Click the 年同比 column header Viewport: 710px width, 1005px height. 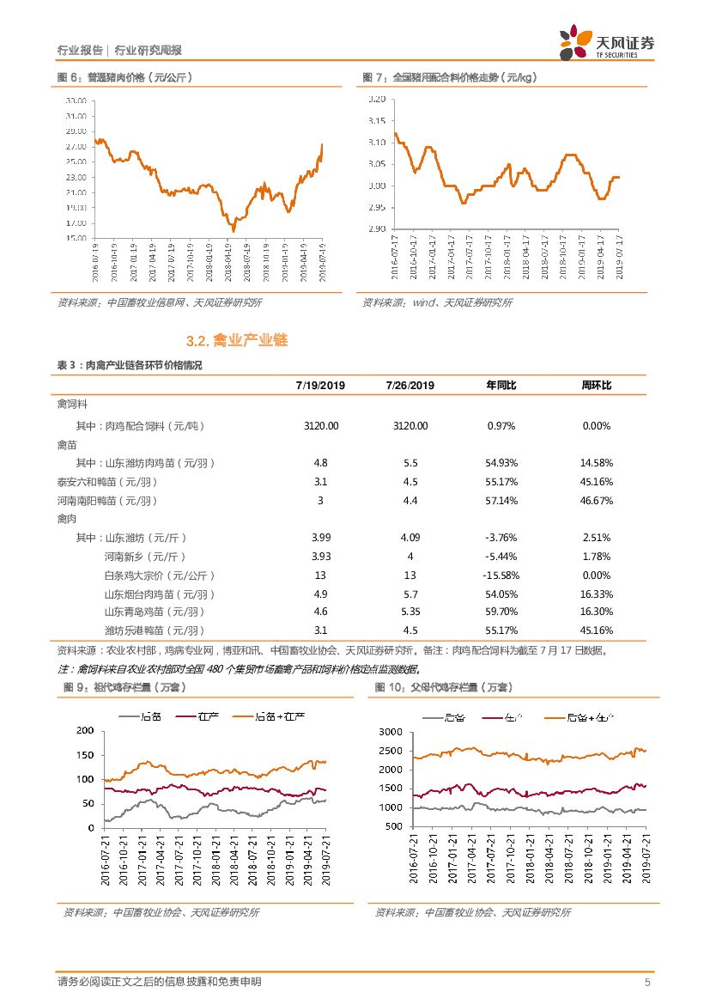(501, 385)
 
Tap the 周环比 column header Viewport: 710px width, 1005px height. (596, 385)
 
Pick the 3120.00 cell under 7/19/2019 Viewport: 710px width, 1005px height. (321, 426)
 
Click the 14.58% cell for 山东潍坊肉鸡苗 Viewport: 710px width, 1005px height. (596, 463)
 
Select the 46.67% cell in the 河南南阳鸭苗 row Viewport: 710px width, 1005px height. (596, 500)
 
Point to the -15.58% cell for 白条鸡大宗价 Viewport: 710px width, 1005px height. (501, 575)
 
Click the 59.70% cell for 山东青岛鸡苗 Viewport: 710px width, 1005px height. (501, 612)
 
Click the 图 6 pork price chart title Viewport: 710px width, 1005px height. (124, 77)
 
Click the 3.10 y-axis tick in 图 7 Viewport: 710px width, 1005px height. (375, 143)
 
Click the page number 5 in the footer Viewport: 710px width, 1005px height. (647, 982)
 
